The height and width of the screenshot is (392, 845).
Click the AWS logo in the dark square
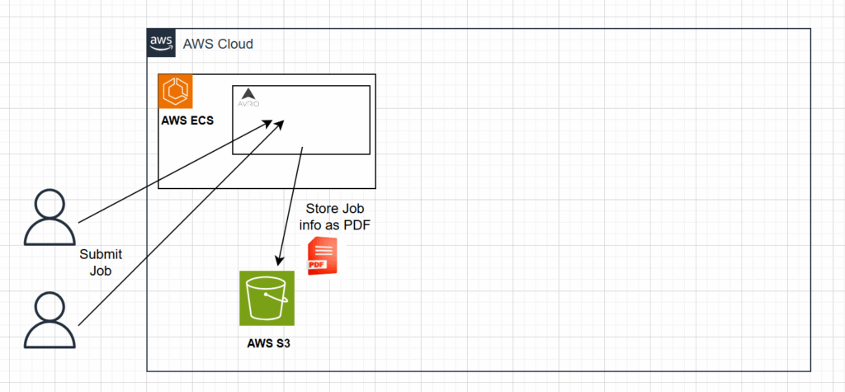(x=161, y=43)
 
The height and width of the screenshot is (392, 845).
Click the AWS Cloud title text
(x=218, y=44)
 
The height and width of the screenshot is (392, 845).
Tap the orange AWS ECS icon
(x=176, y=92)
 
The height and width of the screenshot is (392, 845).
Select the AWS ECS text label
(x=187, y=120)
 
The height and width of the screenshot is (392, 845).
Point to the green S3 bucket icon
(x=266, y=298)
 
